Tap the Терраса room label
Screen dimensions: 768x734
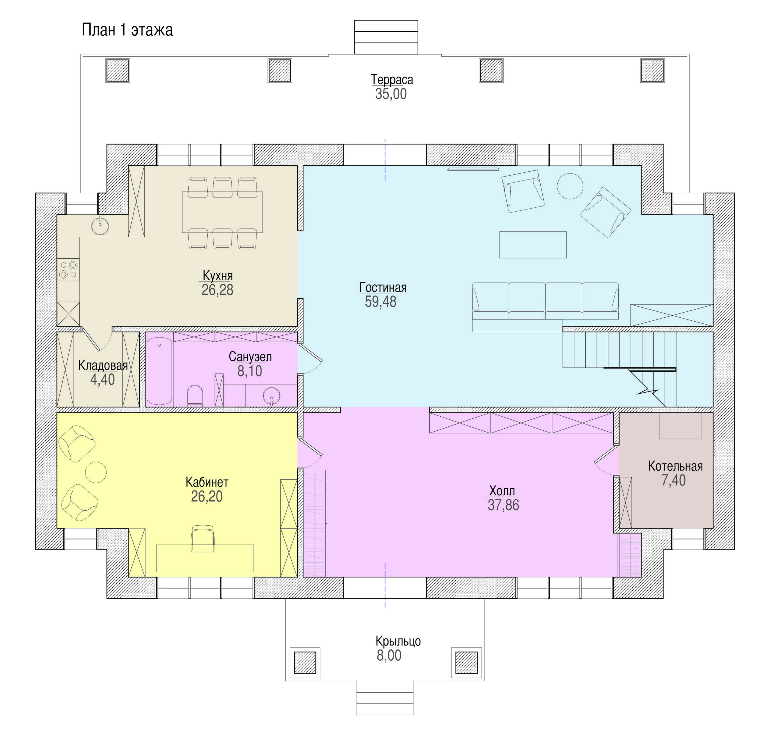point(391,79)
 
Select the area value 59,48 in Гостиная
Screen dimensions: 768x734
point(380,302)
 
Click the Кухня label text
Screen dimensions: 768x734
point(217,275)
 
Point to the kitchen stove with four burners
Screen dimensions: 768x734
point(68,269)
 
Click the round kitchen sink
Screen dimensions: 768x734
point(100,226)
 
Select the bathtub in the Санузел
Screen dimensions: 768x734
point(159,371)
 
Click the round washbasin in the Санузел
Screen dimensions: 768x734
point(271,396)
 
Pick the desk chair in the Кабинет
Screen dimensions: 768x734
point(203,539)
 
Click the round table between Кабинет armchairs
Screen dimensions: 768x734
point(96,472)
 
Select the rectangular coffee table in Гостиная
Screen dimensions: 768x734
point(532,245)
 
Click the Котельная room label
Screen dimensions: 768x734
point(675,466)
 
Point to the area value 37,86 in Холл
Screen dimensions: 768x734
point(503,505)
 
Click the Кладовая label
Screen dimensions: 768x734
point(103,365)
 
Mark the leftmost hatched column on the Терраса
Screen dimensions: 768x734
point(118,71)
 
